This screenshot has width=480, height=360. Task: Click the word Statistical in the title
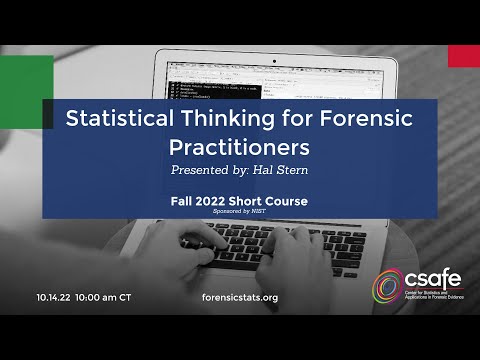(x=112, y=119)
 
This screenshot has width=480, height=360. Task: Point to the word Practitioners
(x=239, y=147)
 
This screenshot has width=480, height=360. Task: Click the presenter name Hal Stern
(x=283, y=171)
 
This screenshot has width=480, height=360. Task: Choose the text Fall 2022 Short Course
(x=239, y=201)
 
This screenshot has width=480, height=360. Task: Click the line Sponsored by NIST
(x=239, y=214)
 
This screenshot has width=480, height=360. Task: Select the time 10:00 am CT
(x=103, y=297)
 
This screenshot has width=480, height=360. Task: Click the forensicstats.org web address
(x=239, y=297)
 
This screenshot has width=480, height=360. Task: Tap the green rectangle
(x=26, y=77)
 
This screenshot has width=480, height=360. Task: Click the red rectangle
(x=463, y=56)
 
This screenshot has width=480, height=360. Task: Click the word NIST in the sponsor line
(x=260, y=214)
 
